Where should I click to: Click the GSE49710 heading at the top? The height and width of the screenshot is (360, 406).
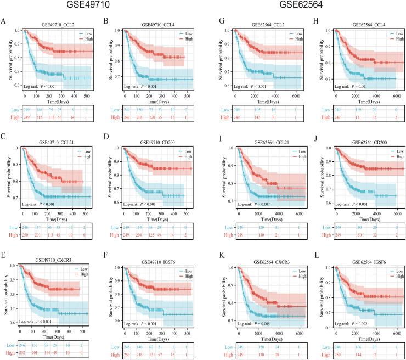102,7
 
